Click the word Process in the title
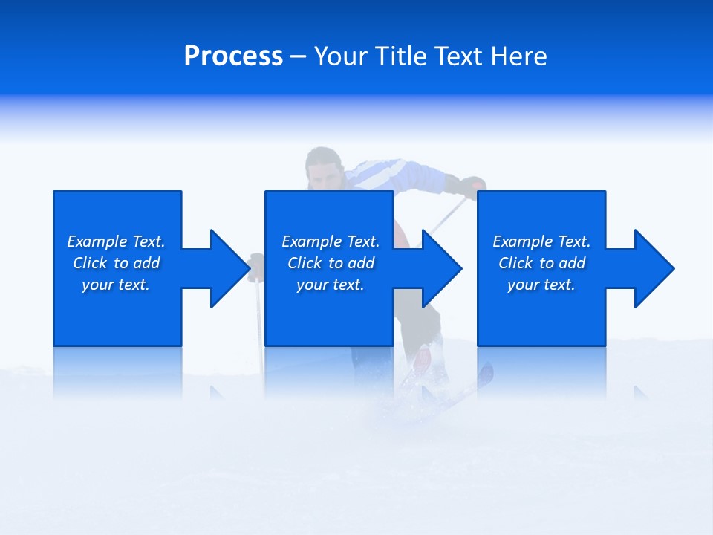click(233, 56)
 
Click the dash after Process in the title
click(299, 57)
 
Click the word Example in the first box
click(97, 241)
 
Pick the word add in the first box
click(146, 263)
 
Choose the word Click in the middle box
click(305, 263)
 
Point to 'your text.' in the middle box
click(330, 285)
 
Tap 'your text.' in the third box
click(541, 285)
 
